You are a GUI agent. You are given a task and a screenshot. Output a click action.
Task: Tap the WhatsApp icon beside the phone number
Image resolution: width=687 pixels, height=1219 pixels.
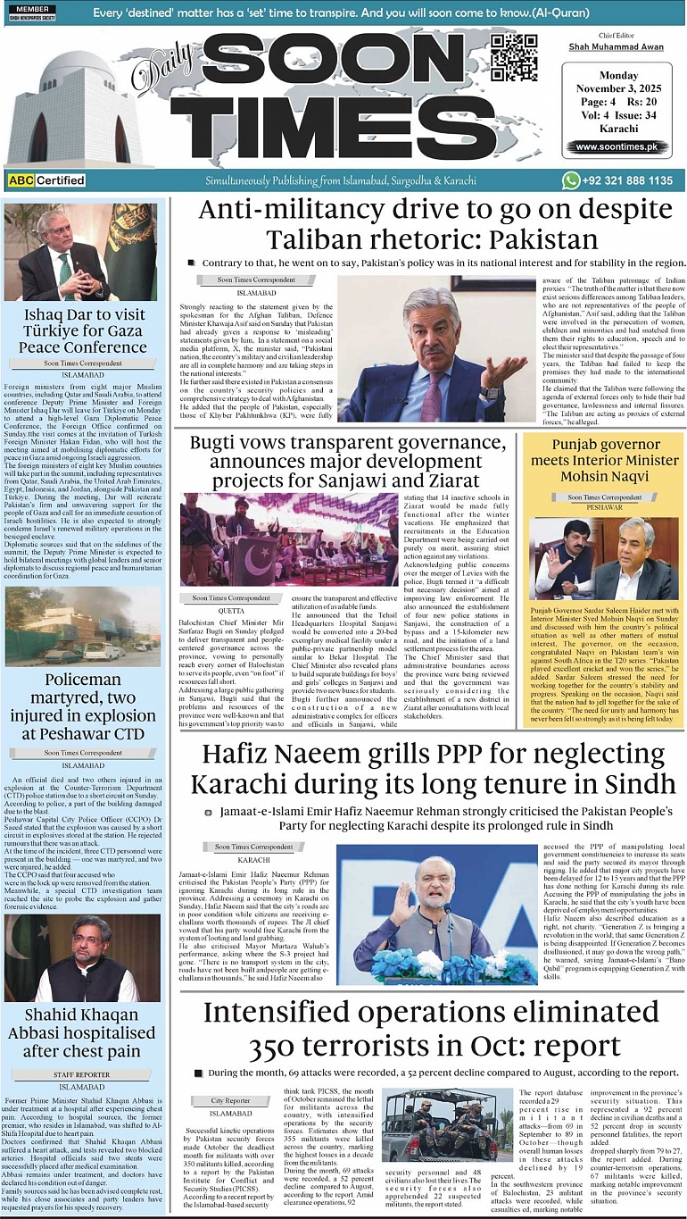point(571,180)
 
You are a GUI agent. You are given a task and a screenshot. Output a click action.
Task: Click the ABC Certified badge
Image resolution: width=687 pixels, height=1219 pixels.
point(46,180)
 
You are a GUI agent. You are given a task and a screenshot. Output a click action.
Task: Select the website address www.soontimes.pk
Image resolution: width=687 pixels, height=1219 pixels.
point(616,146)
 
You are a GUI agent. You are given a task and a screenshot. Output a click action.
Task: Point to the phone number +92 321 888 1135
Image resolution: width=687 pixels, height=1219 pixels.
point(629,180)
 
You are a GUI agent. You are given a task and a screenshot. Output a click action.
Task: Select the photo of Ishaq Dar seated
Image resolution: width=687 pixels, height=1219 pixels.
point(80,253)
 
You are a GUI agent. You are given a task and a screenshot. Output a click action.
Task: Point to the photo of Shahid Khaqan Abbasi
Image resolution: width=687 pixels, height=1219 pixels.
point(80,956)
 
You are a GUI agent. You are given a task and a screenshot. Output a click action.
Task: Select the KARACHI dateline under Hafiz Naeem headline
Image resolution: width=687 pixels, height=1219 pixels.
point(254,857)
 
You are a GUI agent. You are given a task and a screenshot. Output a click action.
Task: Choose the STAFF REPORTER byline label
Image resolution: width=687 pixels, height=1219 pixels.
point(81,1075)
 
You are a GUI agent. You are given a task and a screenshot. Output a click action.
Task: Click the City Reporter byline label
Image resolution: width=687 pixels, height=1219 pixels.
point(231,1101)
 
